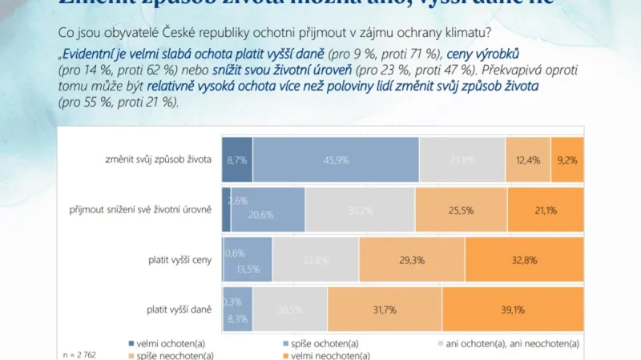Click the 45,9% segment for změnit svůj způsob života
[336, 160]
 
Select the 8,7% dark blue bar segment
[238, 160]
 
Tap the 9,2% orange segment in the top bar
[567, 160]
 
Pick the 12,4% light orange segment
[528, 160]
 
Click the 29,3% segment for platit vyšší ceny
[412, 260]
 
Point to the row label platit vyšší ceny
[178, 260]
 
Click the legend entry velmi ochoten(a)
[166, 343]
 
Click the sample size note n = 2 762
[79, 354]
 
